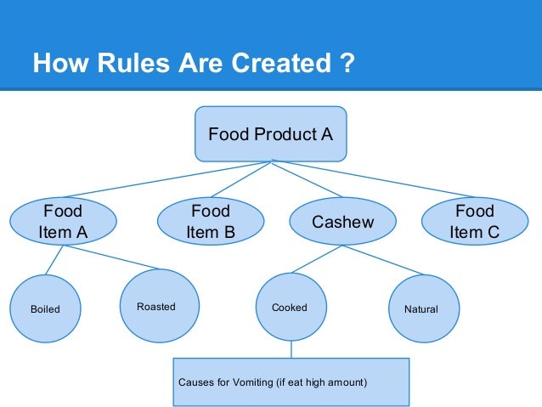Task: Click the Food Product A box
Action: click(270, 133)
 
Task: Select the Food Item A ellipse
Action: click(63, 221)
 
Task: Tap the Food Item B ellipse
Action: click(210, 221)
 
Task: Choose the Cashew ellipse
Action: click(342, 222)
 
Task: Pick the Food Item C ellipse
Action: click(474, 221)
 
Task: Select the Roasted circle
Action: click(155, 306)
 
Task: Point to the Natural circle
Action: click(421, 308)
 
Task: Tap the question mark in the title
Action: click(344, 64)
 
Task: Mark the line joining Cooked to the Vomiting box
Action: click(291, 349)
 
